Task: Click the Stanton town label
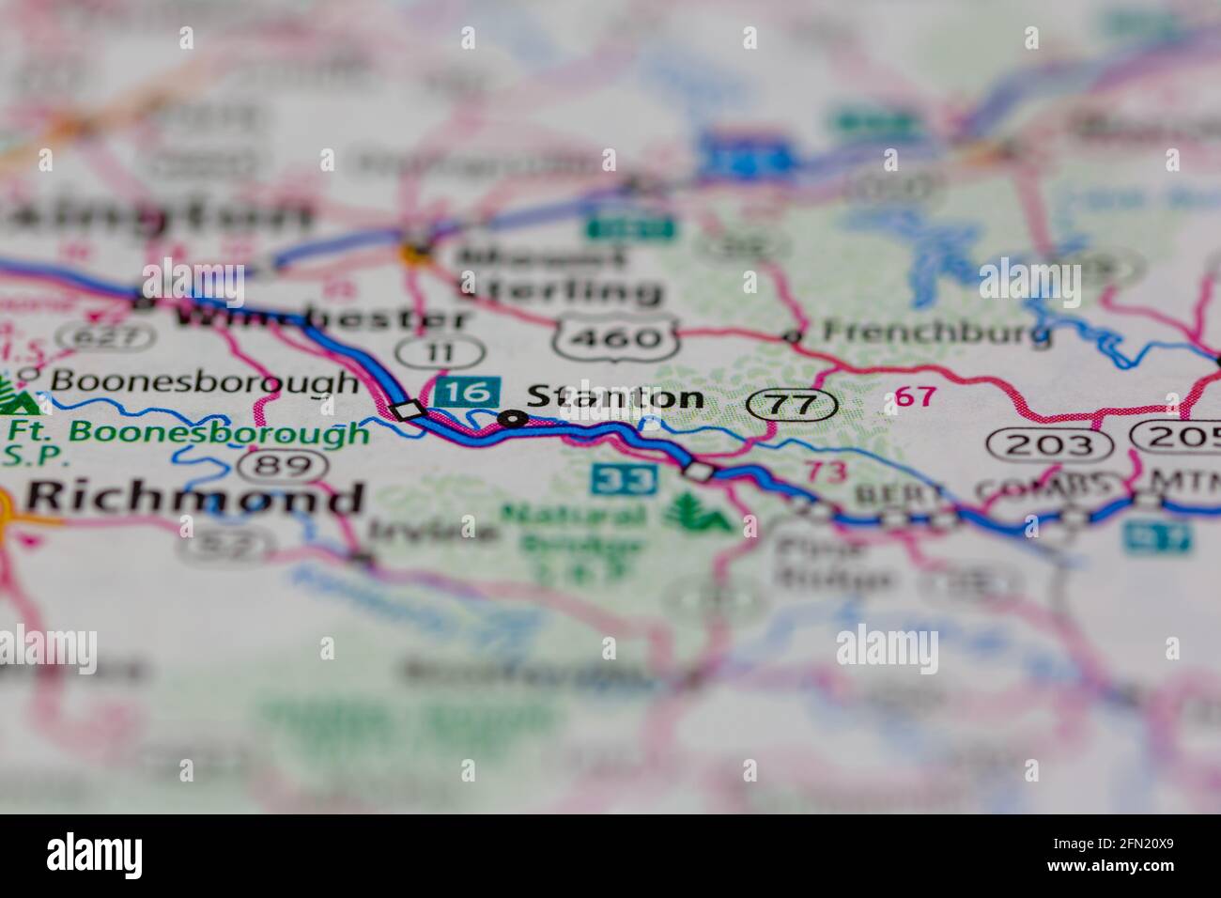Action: pos(615,398)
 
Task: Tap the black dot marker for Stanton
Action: pos(512,419)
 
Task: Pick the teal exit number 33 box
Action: pos(624,479)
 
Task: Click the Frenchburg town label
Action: pos(935,332)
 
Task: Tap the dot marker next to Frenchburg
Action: pos(794,336)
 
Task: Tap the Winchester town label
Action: pos(319,317)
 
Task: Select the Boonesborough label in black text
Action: pos(204,381)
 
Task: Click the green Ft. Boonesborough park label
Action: pos(188,433)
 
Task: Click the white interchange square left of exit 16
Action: pos(409,410)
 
